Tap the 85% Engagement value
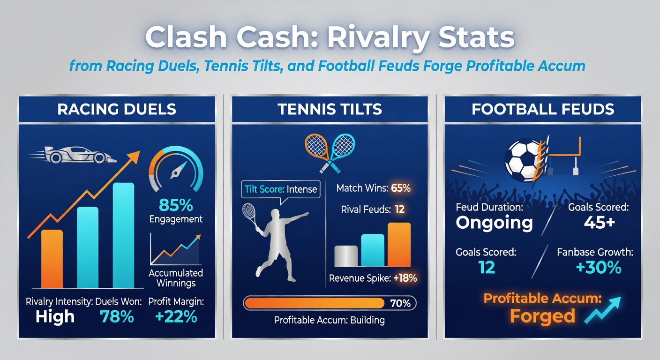[x=176, y=205]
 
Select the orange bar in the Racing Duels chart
[x=52, y=259]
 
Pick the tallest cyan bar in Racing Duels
[x=123, y=235]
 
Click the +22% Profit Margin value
[x=176, y=317]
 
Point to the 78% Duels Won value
[x=117, y=317]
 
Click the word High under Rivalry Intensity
[x=55, y=317]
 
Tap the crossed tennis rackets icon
[x=330, y=150]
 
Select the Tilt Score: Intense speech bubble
[x=281, y=190]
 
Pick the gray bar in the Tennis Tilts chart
[x=346, y=256]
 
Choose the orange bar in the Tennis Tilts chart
[x=399, y=245]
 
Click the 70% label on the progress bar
[x=400, y=303]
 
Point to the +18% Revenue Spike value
[x=405, y=278]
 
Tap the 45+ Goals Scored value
[x=599, y=223]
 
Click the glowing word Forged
[x=542, y=316]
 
